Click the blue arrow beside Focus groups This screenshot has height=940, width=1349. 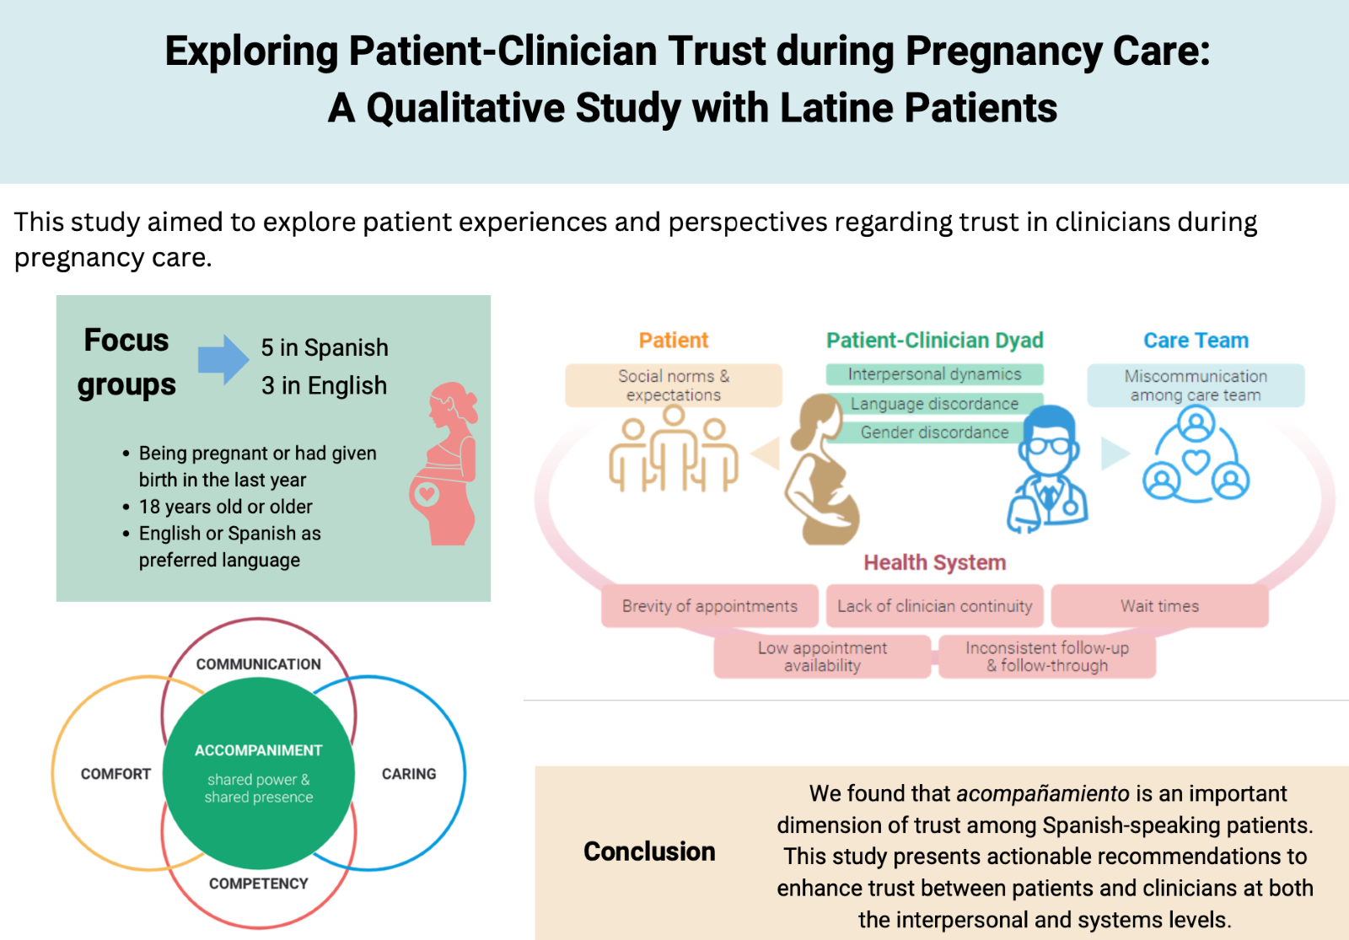[223, 359]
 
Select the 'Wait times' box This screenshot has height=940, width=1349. [1159, 606]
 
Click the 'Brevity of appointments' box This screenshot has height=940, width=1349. [709, 606]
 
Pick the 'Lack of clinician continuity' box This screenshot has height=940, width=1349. [934, 606]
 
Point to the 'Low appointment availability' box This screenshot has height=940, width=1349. [822, 657]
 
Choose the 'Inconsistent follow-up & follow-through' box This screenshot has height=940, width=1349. [1047, 657]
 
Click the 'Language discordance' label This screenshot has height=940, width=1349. [934, 404]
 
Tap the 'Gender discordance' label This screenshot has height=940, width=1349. [934, 432]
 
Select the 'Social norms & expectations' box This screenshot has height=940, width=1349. [673, 385]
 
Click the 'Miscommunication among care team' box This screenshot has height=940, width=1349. [1196, 385]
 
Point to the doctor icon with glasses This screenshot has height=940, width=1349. [1047, 468]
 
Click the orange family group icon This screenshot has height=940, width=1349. [673, 450]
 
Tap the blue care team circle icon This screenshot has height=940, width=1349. [1196, 456]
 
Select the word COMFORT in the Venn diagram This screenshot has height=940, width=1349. [116, 774]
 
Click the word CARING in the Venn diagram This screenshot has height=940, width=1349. [409, 774]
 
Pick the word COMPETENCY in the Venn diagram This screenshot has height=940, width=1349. [259, 884]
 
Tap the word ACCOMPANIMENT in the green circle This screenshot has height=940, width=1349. [259, 750]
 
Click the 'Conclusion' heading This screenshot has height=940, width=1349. [649, 851]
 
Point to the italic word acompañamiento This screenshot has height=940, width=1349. [1043, 793]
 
